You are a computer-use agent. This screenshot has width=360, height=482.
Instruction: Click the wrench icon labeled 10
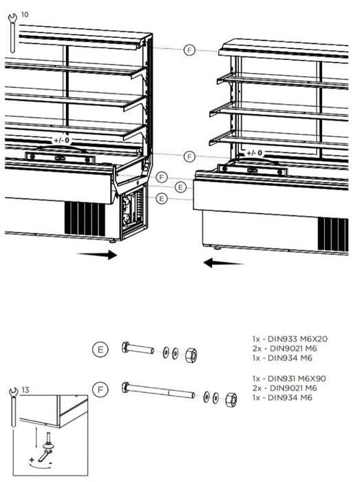[12, 33]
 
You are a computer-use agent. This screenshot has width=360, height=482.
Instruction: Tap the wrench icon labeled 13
[13, 408]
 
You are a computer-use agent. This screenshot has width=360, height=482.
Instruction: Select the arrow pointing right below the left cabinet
[97, 255]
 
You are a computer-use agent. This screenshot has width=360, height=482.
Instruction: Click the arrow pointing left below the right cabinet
[223, 263]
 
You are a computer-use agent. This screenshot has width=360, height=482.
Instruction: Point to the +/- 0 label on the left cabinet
[62, 140]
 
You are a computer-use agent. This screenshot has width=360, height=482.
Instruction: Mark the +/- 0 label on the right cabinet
[255, 153]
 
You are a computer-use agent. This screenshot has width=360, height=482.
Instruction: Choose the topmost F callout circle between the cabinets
[189, 50]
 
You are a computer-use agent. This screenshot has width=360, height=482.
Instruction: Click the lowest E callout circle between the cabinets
[162, 199]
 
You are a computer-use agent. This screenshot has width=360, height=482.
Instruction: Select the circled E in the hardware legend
[100, 350]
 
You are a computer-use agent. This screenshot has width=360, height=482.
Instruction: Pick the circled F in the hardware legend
[100, 390]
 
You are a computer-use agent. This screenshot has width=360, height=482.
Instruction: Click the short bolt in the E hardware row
[138, 348]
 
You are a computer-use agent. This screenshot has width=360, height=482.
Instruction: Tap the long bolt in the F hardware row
[158, 390]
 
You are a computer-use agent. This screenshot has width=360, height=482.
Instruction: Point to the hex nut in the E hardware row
[191, 355]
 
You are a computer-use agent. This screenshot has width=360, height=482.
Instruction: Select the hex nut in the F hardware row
[231, 399]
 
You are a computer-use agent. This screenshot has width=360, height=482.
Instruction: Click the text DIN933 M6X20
[297, 339]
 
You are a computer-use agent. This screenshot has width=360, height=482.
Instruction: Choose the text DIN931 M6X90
[297, 379]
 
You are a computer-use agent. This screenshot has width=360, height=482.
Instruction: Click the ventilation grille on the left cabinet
[85, 219]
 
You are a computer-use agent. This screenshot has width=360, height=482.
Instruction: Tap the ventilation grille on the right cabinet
[333, 235]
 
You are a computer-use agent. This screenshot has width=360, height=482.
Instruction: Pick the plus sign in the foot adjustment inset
[32, 460]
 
